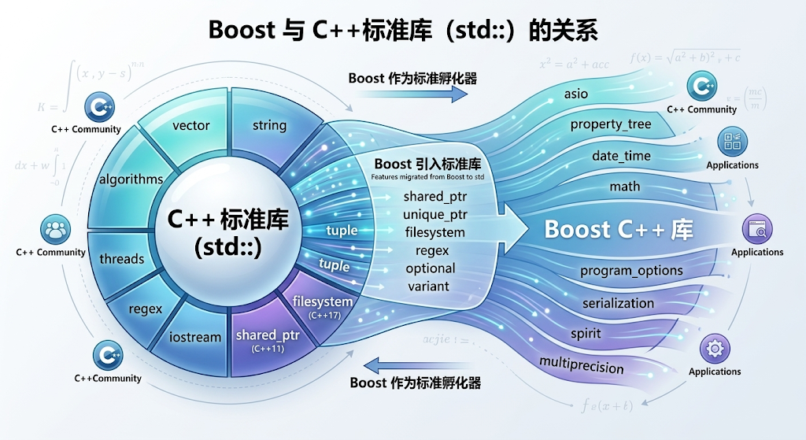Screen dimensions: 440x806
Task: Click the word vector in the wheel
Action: pyautogui.click(x=190, y=125)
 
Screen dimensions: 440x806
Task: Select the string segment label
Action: pyautogui.click(x=269, y=125)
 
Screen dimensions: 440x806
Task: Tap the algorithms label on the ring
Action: pyautogui.click(x=131, y=179)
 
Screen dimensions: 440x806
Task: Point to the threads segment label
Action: pyautogui.click(x=122, y=258)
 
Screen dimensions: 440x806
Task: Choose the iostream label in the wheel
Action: pyautogui.click(x=195, y=337)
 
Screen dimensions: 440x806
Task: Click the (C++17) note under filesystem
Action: pyautogui.click(x=323, y=315)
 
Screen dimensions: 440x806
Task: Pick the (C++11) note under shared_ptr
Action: pyautogui.click(x=268, y=348)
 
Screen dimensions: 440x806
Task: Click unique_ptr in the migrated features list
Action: pyautogui.click(x=434, y=214)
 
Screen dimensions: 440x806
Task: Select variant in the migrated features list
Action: pyautogui.click(x=428, y=286)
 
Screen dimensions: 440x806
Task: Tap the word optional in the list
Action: pyautogui.click(x=431, y=268)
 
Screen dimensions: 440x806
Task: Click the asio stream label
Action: pyautogui.click(x=575, y=94)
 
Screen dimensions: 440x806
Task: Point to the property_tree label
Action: pyautogui.click(x=610, y=124)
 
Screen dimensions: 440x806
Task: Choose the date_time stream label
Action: pyautogui.click(x=621, y=156)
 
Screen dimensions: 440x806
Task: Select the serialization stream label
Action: pyautogui.click(x=618, y=303)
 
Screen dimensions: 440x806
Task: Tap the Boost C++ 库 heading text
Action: pyautogui.click(x=619, y=229)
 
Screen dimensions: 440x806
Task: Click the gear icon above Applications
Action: pyautogui.click(x=714, y=347)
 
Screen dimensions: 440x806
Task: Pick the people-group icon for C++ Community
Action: pyautogui.click(x=55, y=231)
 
